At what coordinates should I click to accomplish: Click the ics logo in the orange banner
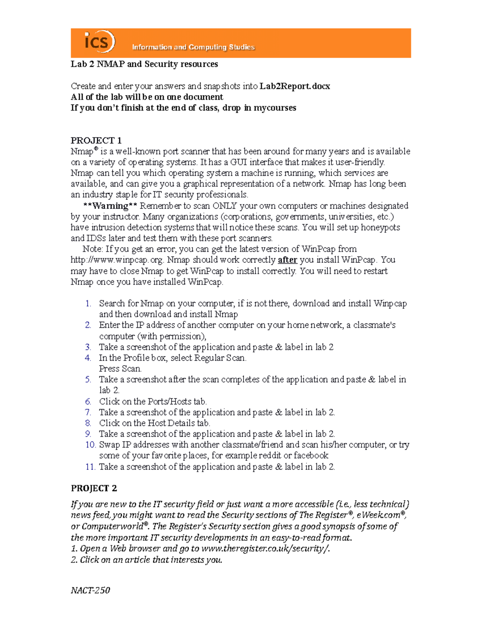coord(99,41)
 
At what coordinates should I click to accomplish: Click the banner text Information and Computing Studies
coord(193,47)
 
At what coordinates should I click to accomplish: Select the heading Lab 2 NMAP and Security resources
coord(144,64)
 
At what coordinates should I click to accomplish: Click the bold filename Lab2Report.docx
coord(295,86)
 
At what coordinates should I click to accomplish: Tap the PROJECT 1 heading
coord(96,140)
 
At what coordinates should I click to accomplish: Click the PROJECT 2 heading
coord(94,488)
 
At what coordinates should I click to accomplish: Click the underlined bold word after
coord(287,260)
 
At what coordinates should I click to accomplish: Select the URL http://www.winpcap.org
coord(117,260)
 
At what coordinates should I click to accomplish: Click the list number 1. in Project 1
coord(88,303)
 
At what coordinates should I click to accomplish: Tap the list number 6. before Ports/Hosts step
coord(88,401)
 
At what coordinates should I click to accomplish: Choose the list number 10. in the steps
coord(90,445)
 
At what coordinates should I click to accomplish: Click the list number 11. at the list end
coord(90,467)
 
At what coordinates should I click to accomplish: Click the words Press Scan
coord(120,369)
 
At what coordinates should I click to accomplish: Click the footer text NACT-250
coord(90,590)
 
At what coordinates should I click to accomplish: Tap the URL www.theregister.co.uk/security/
coord(265,549)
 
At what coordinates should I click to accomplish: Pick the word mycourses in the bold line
coord(275,108)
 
